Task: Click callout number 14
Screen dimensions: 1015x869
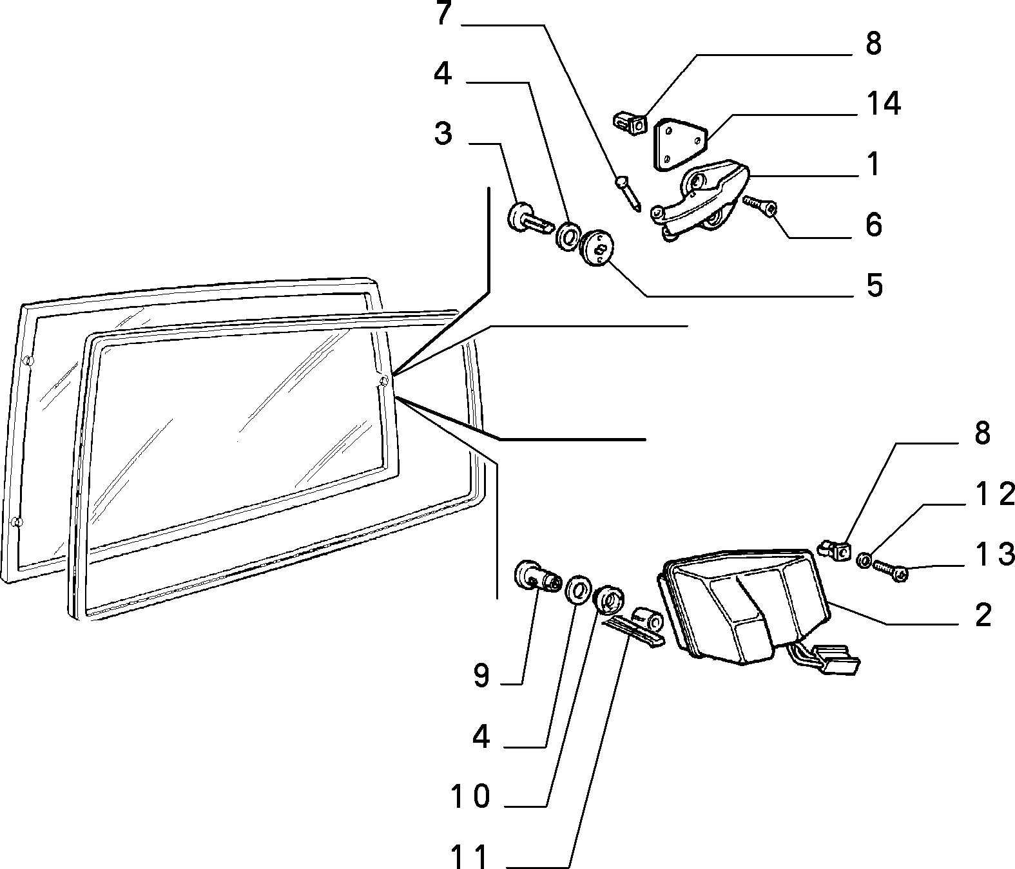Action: (884, 104)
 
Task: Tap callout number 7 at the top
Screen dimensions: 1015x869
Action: (443, 14)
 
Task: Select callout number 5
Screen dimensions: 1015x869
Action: (874, 285)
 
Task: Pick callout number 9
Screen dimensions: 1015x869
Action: (481, 675)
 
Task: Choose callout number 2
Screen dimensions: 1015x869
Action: (983, 615)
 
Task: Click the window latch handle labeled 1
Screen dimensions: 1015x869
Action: (700, 200)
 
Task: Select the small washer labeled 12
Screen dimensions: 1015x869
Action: (864, 560)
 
